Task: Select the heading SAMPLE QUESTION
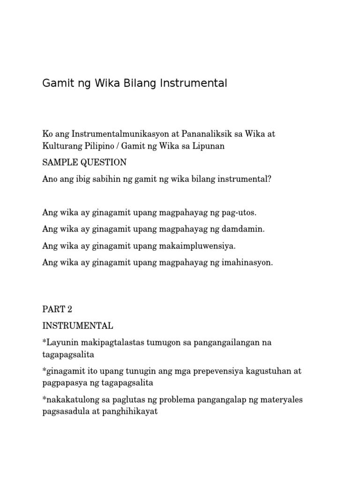tap(84, 163)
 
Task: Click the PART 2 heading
tap(58, 309)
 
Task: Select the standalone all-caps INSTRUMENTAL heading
tap(77, 326)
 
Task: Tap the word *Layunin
tap(58, 343)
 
